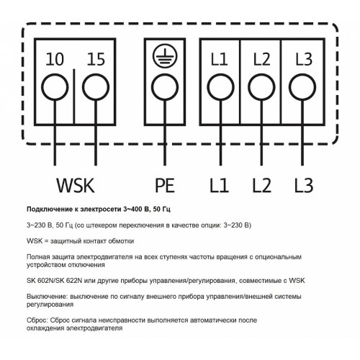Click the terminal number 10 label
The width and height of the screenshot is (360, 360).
[55, 59]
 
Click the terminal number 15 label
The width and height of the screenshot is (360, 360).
[96, 59]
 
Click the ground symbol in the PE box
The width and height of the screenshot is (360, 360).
[165, 56]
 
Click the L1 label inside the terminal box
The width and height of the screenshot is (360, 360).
[220, 59]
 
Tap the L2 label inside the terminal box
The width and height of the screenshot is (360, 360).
[261, 59]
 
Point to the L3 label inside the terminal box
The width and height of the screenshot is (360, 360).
[304, 59]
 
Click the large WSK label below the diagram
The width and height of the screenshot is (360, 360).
[76, 185]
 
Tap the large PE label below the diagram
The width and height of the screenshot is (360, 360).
[165, 185]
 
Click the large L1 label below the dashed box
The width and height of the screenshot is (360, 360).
[219, 185]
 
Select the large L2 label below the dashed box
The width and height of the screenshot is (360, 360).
[261, 185]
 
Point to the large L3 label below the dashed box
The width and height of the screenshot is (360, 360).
[304, 185]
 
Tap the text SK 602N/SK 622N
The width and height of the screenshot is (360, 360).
[55, 281]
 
